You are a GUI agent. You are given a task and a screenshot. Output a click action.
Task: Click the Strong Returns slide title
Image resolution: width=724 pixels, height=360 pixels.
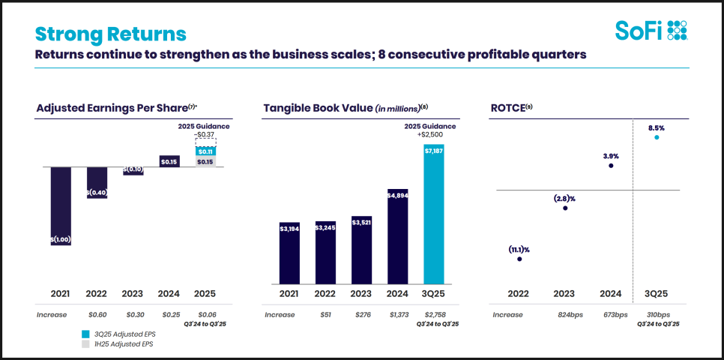click(x=111, y=34)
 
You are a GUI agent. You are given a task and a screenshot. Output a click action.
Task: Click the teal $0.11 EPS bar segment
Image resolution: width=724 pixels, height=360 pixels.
click(x=205, y=151)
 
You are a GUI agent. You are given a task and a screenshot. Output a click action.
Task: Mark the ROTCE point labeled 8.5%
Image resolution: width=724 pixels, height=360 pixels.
click(x=657, y=136)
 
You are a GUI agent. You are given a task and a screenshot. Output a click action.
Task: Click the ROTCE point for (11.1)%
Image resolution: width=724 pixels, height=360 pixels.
click(x=519, y=259)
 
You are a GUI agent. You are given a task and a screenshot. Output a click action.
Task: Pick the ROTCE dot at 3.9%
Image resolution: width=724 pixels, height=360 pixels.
click(x=611, y=165)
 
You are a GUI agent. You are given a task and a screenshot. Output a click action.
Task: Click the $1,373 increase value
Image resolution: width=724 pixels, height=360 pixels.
click(x=398, y=315)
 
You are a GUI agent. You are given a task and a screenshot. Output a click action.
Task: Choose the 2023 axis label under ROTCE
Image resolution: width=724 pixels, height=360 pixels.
click(x=565, y=293)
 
